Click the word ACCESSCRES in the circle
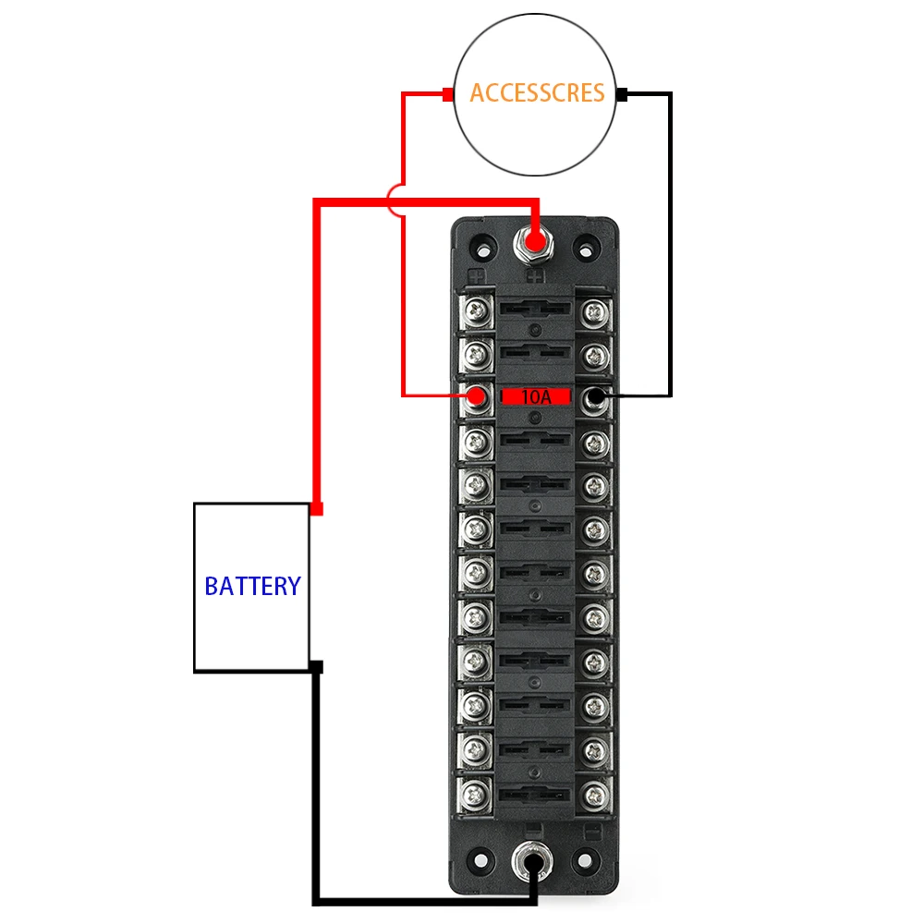coord(537,93)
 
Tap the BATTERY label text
coord(252,586)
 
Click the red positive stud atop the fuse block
coord(533,242)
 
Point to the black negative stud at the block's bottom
coord(534,865)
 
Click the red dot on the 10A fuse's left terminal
coord(477,397)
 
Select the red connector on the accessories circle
coord(447,93)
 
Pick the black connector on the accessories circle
coord(622,93)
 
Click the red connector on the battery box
coord(316,509)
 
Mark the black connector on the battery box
coord(317,666)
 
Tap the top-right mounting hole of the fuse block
coord(585,248)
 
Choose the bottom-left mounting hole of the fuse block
coord(481,859)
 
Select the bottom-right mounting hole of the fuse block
coord(586,859)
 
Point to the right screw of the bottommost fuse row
coord(595,792)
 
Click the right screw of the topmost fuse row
coord(595,310)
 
